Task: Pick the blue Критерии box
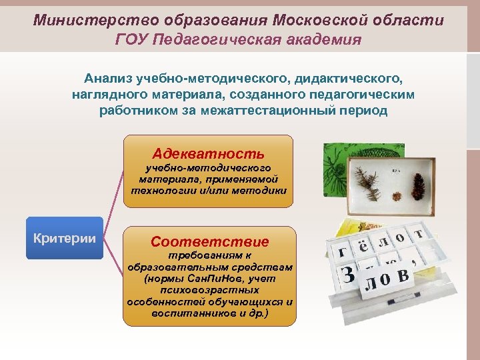pyautogui.click(x=64, y=238)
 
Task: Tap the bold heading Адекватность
pyautogui.click(x=208, y=153)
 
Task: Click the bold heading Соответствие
pyautogui.click(x=209, y=241)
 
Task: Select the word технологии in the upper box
pyautogui.click(x=157, y=191)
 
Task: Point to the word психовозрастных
pyautogui.click(x=209, y=290)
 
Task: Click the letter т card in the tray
pyautogui.click(x=418, y=234)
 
